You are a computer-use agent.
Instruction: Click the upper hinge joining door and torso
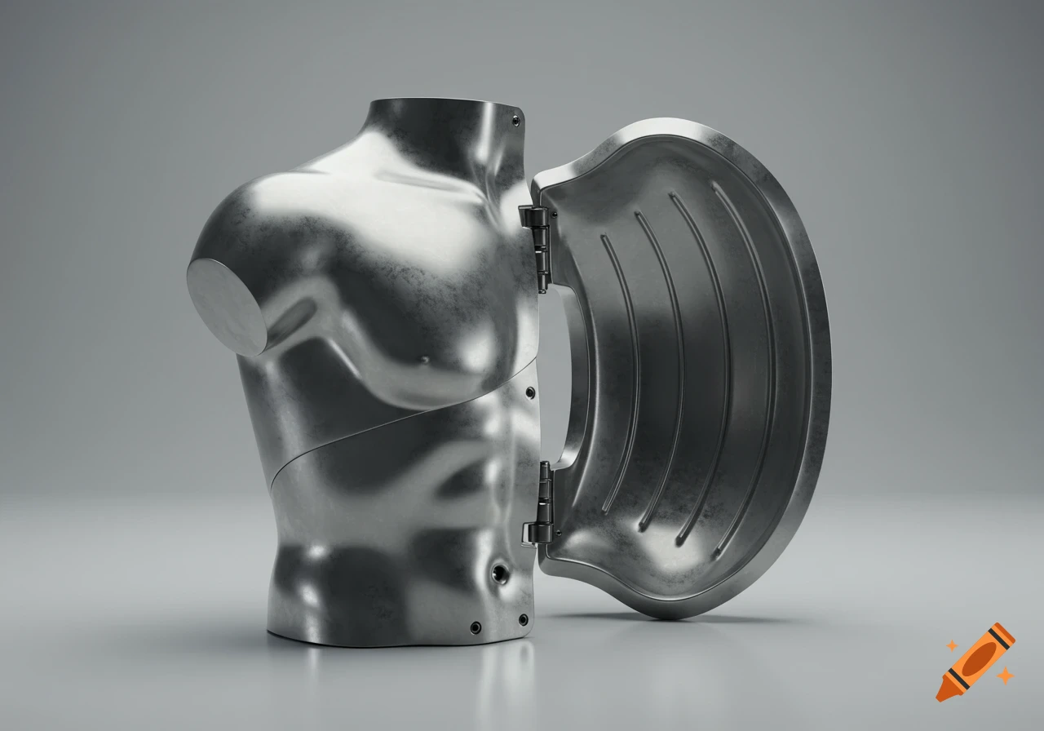[536, 241]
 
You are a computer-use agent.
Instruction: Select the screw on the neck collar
[515, 120]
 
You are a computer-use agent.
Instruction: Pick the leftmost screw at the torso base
[475, 627]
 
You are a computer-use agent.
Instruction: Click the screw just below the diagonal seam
[531, 392]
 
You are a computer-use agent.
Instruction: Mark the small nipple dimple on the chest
[424, 360]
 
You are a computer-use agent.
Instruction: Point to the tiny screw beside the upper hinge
[555, 215]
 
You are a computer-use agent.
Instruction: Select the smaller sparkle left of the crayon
[951, 645]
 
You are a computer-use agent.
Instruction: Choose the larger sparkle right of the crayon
[1006, 675]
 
